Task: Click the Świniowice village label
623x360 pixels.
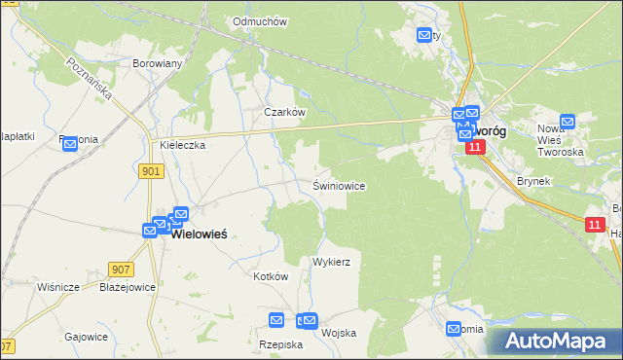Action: click(339, 185)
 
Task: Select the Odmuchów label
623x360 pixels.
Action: click(257, 20)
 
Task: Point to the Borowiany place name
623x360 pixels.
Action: click(158, 63)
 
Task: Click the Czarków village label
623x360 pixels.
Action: click(286, 112)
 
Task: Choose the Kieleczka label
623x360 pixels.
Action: click(182, 145)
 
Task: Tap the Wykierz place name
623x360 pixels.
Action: click(331, 263)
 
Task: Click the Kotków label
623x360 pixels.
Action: click(271, 276)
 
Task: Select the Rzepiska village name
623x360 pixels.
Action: click(281, 344)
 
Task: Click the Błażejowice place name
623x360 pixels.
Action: click(128, 287)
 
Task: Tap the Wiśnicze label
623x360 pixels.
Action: click(58, 287)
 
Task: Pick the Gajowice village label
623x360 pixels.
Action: click(86, 337)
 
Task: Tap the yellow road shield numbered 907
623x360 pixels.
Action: click(122, 270)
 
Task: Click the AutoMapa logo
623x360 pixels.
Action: click(553, 342)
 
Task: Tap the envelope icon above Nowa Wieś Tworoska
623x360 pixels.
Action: click(568, 122)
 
